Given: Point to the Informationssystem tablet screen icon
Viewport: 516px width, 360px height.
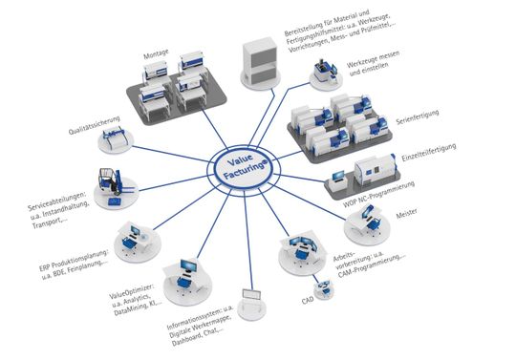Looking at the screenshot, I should pyautogui.click(x=252, y=299).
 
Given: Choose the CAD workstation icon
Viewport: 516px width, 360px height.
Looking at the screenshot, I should pyautogui.click(x=324, y=287).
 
